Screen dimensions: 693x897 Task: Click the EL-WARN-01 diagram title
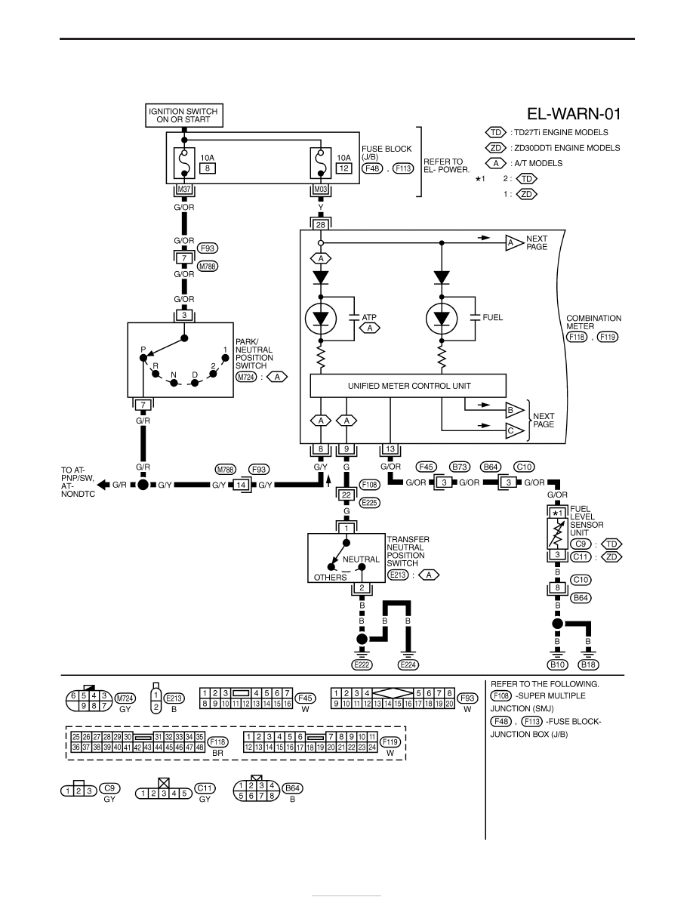[574, 114]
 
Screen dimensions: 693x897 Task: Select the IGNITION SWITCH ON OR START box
[184, 116]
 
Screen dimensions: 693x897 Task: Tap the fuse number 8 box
[207, 168]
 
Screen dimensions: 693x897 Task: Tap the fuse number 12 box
[343, 168]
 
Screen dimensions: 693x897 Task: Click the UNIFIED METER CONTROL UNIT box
[408, 386]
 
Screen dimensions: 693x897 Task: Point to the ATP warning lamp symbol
[321, 319]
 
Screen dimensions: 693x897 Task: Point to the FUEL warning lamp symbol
[442, 319]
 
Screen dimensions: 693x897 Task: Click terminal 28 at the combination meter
[321, 225]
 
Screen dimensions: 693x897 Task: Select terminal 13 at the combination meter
[390, 449]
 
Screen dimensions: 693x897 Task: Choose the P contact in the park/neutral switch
[143, 358]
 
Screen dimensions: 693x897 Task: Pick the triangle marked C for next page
[515, 431]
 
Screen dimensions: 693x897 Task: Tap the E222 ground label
[362, 664]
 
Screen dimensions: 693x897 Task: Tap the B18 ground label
[588, 664]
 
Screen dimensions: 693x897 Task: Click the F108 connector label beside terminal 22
[369, 485]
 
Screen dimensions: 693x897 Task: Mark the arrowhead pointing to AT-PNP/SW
[103, 485]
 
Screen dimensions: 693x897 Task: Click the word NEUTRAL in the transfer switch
[361, 559]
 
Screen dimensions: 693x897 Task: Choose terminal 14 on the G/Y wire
[242, 485]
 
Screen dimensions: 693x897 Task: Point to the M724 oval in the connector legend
[125, 698]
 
